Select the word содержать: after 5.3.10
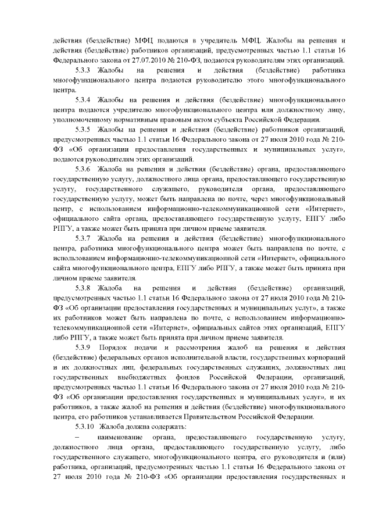[x=156, y=425]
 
